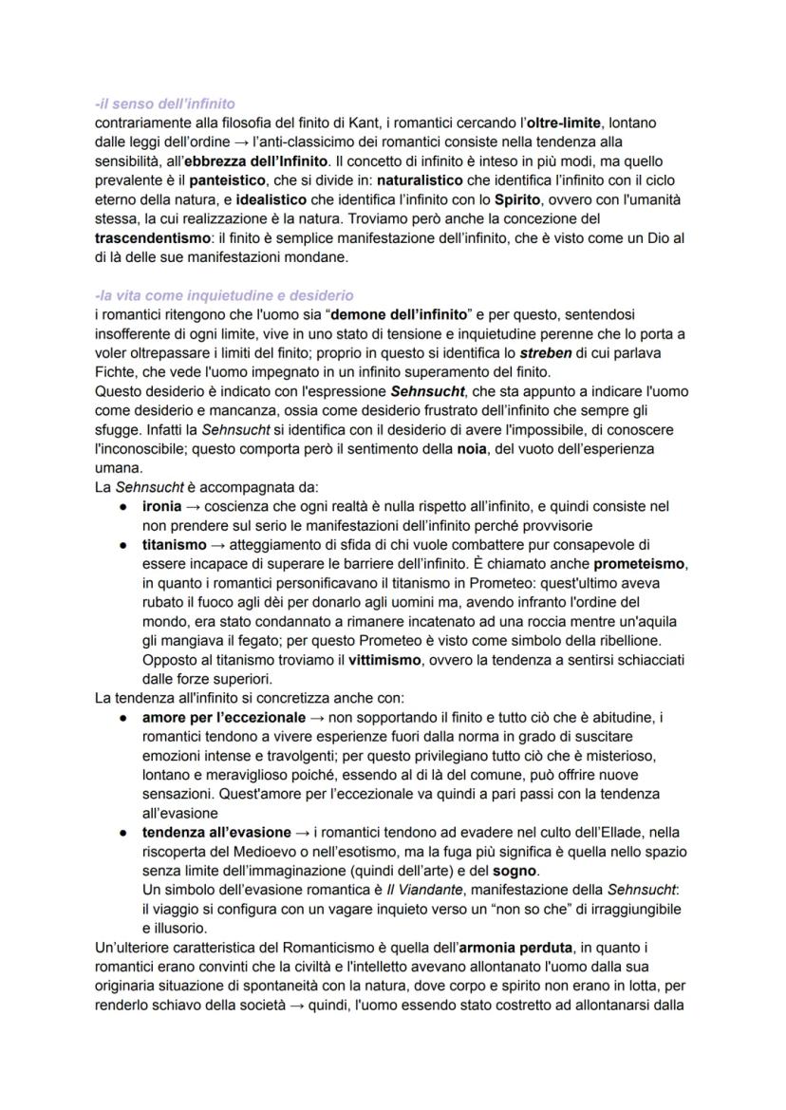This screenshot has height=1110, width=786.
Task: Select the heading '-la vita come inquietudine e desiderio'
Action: coord(224,296)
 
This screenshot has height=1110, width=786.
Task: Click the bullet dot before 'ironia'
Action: coord(123,507)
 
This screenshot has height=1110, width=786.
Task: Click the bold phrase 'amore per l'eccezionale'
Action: coord(224,717)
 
